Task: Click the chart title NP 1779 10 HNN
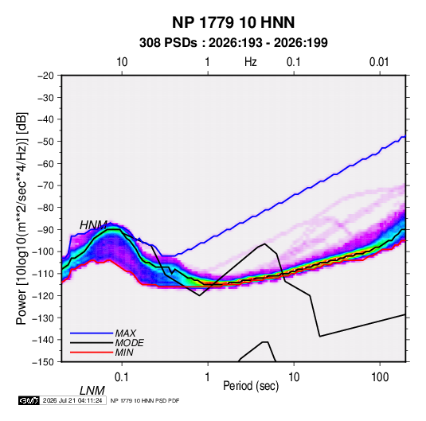point(233,22)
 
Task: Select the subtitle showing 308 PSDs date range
point(233,43)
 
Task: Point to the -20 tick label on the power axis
point(45,76)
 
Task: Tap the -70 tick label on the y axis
point(45,185)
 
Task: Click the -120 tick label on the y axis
point(43,295)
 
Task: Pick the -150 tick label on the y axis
point(43,362)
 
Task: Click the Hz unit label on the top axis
point(251,62)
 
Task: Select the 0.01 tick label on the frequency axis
point(379,62)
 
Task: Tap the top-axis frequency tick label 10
point(122,62)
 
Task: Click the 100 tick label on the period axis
point(380,377)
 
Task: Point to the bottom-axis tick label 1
point(208,377)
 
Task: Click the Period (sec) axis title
point(251,386)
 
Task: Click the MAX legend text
point(126,333)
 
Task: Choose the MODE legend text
point(129,343)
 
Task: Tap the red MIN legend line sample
point(92,353)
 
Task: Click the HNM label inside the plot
point(93,225)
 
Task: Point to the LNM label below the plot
point(92,391)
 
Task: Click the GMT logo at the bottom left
point(29,400)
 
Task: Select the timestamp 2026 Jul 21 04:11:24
point(72,400)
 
